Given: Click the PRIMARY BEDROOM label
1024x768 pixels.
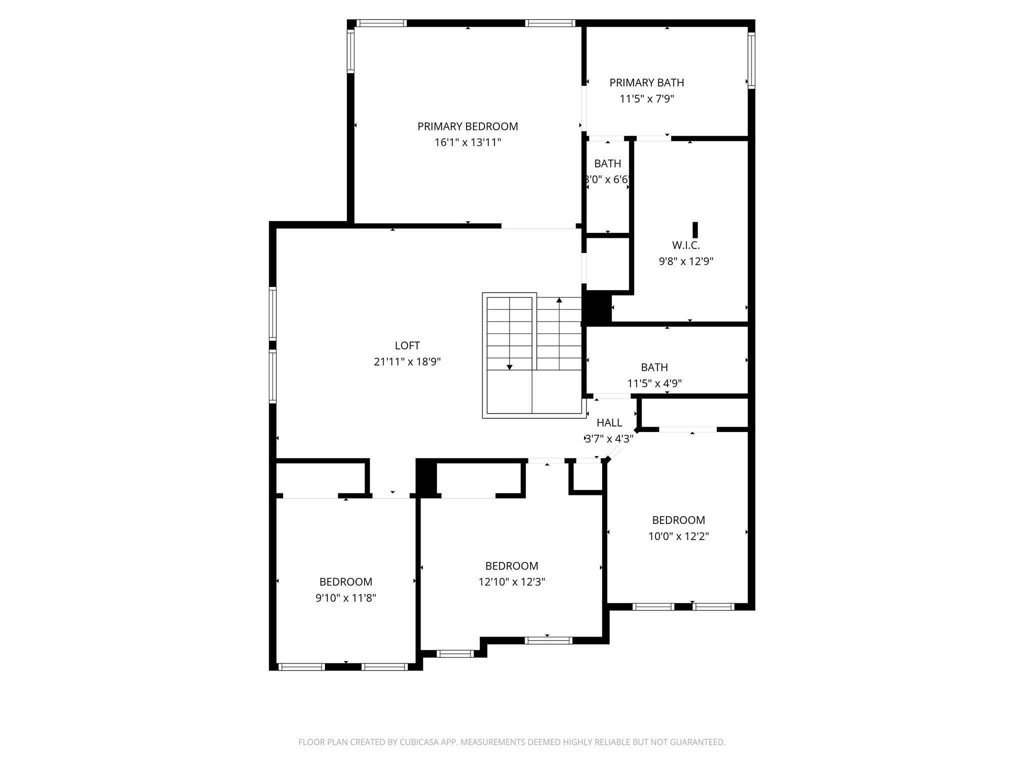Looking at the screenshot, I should click(x=467, y=126).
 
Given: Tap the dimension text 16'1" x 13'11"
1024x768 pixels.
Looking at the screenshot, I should click(x=467, y=142).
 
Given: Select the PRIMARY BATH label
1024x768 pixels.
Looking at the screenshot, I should click(x=646, y=82).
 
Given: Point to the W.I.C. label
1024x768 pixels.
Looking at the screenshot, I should click(x=685, y=245).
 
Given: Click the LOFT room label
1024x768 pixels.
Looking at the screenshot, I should click(x=407, y=345).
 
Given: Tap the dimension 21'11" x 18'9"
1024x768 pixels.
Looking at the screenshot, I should click(x=407, y=361).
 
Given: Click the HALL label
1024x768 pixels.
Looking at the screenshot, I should click(x=609, y=422).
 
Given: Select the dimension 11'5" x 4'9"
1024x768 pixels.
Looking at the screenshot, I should click(x=654, y=383).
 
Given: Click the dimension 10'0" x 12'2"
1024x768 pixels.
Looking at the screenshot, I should click(x=678, y=536).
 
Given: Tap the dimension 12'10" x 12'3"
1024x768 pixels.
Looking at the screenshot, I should click(x=511, y=582).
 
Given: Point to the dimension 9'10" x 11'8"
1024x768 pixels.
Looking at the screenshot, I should click(x=345, y=598).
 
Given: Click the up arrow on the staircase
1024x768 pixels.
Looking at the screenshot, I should click(x=559, y=300).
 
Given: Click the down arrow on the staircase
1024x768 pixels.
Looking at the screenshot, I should click(x=509, y=367).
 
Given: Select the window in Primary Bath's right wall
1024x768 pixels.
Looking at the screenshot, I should click(x=751, y=60).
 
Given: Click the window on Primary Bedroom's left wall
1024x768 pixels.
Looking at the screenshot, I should click(x=350, y=50).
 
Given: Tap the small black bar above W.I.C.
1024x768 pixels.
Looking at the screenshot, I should click(x=695, y=230).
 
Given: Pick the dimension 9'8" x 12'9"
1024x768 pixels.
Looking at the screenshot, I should click(x=685, y=261).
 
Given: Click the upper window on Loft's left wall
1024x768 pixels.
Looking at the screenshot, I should click(x=272, y=313).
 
